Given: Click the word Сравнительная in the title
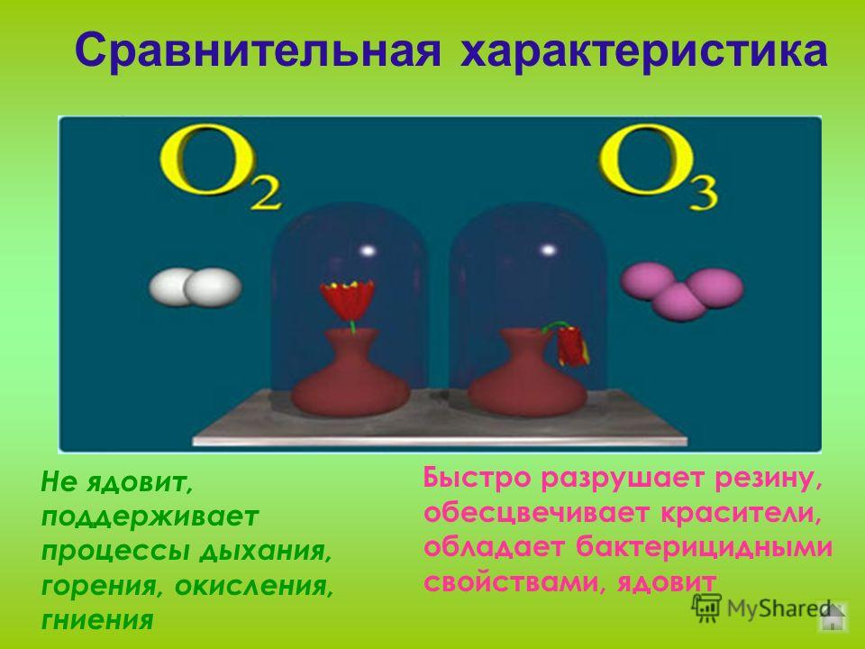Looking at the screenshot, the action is (258, 50).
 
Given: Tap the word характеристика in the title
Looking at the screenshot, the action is (643, 50).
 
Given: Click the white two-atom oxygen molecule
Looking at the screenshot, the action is (196, 287).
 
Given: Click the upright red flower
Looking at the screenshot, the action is (348, 303).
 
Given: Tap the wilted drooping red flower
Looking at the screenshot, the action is (569, 344).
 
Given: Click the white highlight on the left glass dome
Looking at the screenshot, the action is (368, 251).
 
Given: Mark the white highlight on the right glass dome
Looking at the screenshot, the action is (548, 250).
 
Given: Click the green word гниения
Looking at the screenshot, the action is (97, 620).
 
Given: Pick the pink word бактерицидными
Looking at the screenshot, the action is (705, 547).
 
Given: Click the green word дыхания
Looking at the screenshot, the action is (265, 552).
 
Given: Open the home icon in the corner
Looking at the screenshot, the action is (833, 616).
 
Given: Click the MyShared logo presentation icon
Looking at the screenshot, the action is (706, 608).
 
